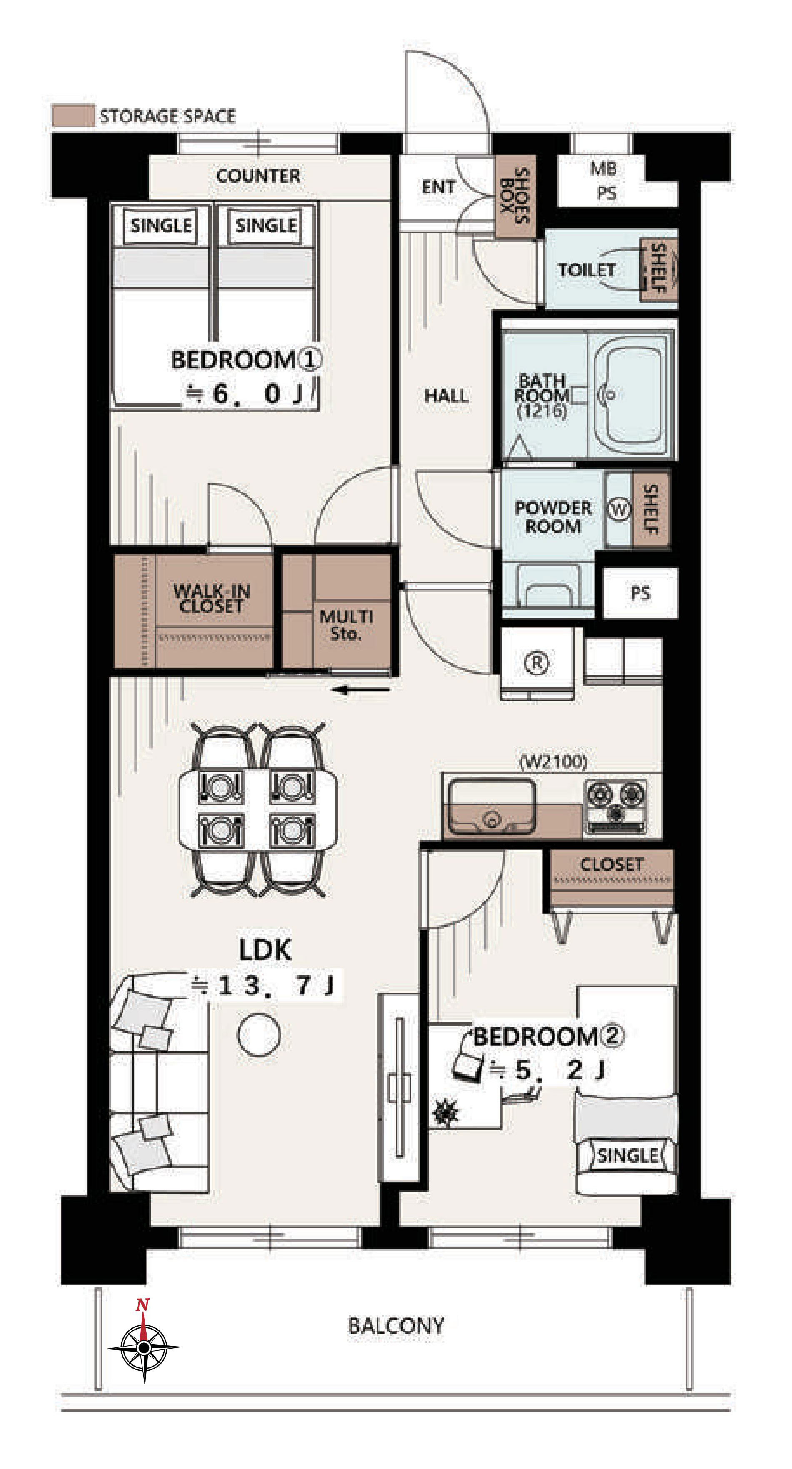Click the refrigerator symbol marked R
tap(536, 662)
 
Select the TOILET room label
tap(586, 270)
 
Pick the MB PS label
tap(604, 181)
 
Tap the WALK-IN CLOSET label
tap(211, 598)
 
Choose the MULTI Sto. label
tap(346, 625)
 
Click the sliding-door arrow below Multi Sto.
tap(361, 690)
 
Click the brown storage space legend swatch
tap(73, 116)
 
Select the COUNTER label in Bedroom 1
tap(258, 176)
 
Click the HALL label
tap(446, 396)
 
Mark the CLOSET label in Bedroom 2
tap(611, 864)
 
